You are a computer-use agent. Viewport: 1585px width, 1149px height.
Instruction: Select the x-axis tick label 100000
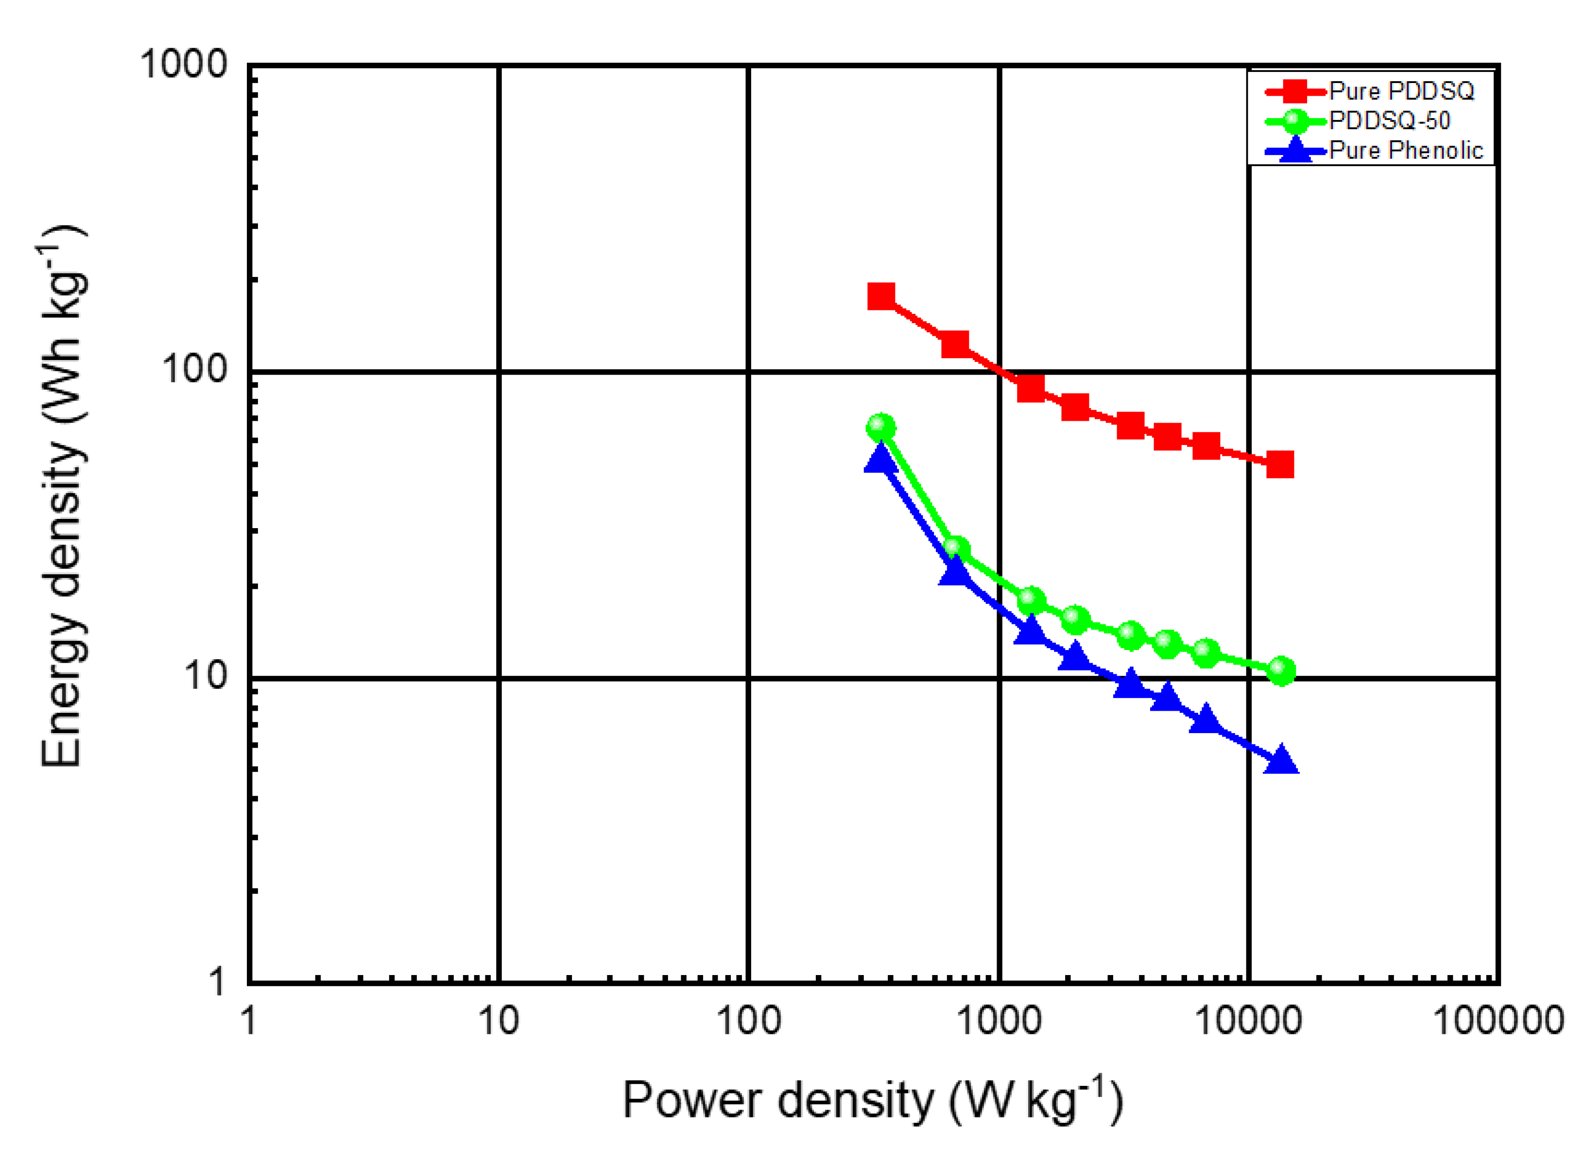tap(1498, 1021)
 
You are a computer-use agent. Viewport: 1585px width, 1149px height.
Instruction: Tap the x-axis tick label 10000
tap(1249, 1021)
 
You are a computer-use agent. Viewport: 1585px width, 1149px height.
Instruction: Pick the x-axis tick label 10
tap(498, 1021)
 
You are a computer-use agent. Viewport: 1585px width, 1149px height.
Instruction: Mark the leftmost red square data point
tap(881, 296)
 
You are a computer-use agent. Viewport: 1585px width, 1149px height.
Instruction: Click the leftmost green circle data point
tap(881, 428)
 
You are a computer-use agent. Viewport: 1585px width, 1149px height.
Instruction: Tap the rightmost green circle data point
tap(1280, 671)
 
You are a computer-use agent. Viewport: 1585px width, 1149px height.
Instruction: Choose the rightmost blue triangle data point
tap(1281, 760)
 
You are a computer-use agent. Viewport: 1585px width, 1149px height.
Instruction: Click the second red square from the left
tap(955, 344)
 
